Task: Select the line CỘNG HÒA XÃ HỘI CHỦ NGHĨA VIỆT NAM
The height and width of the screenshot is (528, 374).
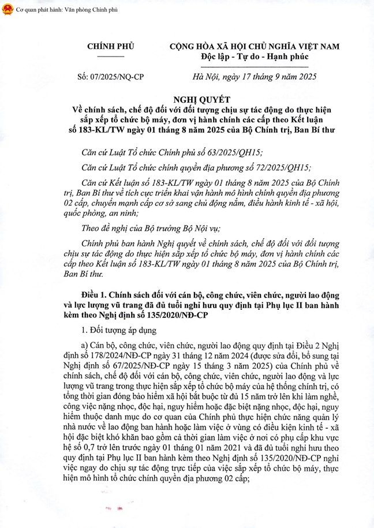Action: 255,46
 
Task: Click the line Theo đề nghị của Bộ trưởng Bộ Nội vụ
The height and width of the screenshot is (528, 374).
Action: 160,230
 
